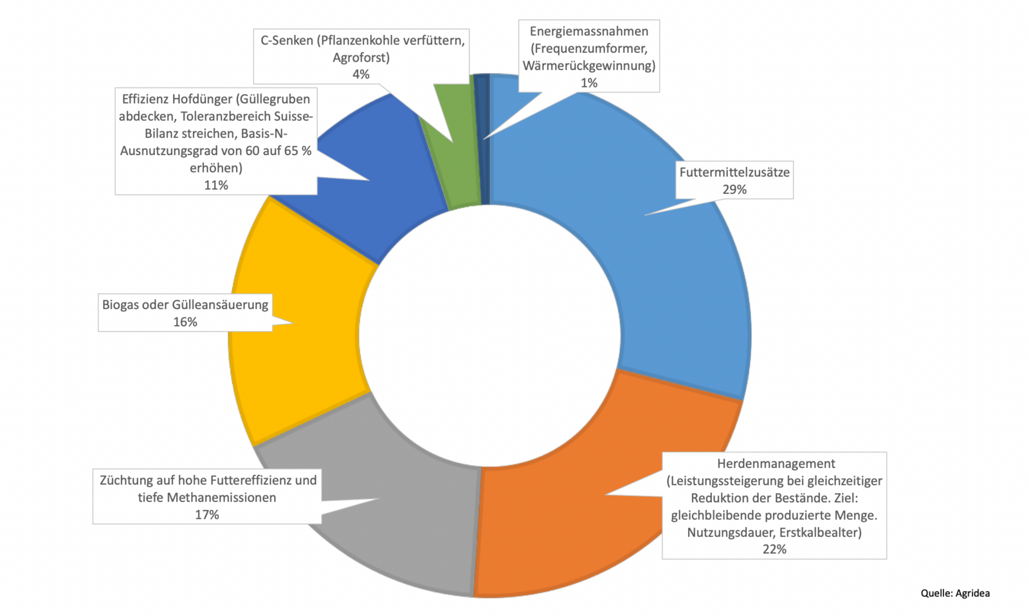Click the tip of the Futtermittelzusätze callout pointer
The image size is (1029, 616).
[645, 215]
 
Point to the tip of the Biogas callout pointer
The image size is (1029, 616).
[293, 322]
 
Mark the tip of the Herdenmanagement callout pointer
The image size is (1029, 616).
[605, 494]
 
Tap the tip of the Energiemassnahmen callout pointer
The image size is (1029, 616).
[484, 138]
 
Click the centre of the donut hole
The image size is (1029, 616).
[489, 335]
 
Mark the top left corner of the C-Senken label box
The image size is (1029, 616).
[253, 30]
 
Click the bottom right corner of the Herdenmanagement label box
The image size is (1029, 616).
[887, 559]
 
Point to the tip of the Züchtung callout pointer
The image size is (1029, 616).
[379, 498]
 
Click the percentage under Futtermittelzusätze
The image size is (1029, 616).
[734, 189]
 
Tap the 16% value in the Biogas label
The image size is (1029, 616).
[185, 322]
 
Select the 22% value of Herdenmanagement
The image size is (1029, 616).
[774, 549]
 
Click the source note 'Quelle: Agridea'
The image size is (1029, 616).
[955, 593]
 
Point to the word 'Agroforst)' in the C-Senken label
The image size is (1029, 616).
[361, 57]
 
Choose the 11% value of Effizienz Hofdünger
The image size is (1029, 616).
[216, 185]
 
